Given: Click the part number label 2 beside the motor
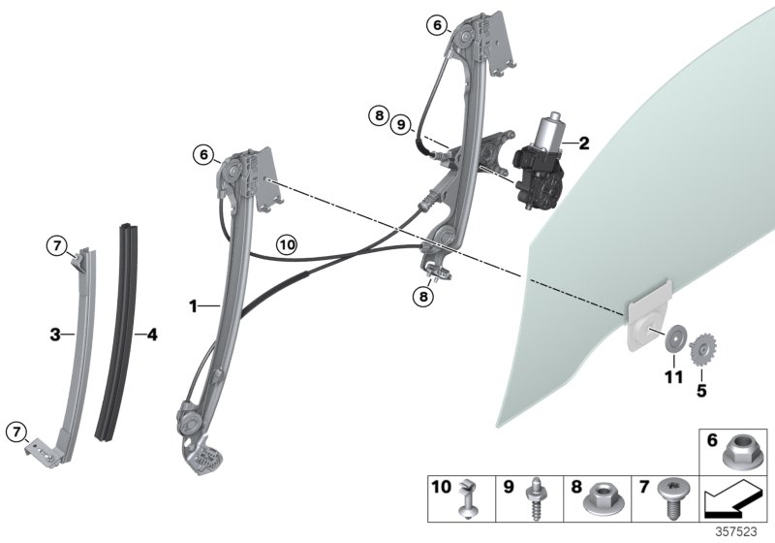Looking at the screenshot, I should coord(583,144).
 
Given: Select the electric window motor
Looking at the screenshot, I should coord(541,158).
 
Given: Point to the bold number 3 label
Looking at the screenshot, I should coord(56,335).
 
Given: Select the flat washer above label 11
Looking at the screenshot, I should coord(671,341).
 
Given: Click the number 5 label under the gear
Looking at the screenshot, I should coord(701,392).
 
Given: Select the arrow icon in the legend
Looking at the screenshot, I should coord(735,500).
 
